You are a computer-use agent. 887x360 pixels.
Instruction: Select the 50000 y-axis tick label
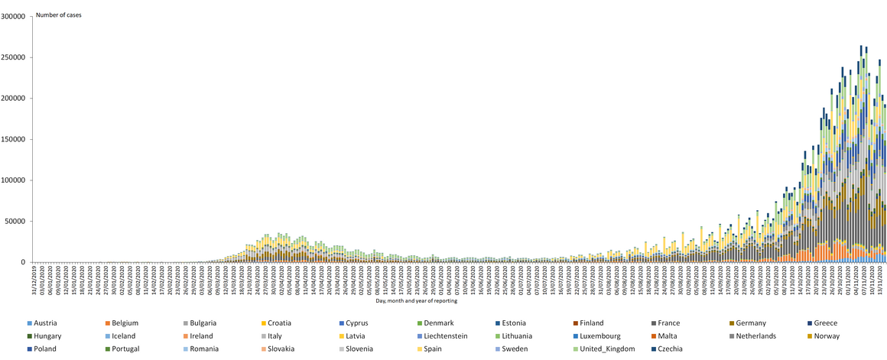click(17, 221)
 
